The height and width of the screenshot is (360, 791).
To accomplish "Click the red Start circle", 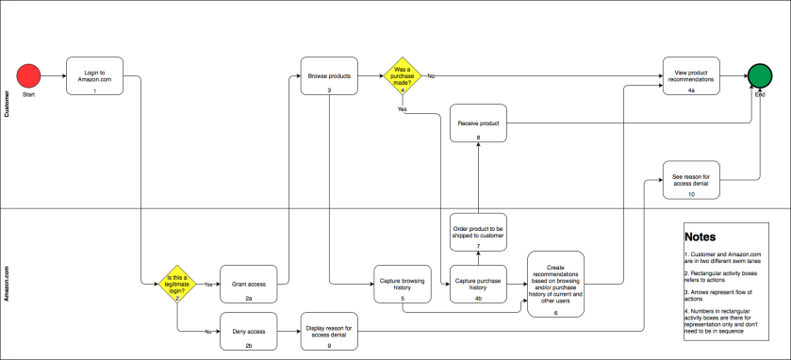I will [x=29, y=75].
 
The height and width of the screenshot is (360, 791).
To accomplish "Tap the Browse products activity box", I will [x=329, y=76].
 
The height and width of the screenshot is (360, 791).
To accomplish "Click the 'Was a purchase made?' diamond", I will [x=402, y=76].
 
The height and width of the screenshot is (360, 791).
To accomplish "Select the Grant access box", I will [x=248, y=282].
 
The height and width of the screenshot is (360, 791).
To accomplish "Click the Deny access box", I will [x=248, y=332].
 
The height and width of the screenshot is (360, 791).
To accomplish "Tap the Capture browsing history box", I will [x=402, y=284].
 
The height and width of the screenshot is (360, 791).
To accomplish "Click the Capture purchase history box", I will [x=478, y=284].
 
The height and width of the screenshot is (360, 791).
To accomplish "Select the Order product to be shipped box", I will [x=478, y=233].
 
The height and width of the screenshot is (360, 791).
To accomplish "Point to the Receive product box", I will [x=478, y=123].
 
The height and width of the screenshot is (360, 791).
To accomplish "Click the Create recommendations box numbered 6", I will [x=555, y=282].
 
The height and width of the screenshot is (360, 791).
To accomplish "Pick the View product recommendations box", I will [x=690, y=76].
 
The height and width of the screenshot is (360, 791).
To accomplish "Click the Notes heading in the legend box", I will [x=700, y=237].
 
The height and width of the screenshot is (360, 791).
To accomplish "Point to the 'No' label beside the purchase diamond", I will [x=431, y=75].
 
